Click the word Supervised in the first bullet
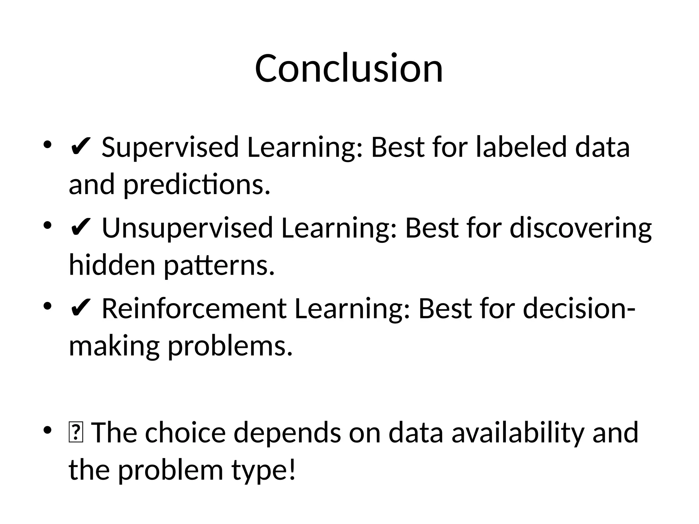(x=170, y=147)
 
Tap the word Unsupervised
(x=187, y=228)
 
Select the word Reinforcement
(x=194, y=309)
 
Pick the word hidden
(x=112, y=265)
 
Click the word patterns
(x=219, y=266)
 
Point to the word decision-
(x=579, y=309)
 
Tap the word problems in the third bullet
(x=230, y=347)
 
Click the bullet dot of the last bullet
(x=47, y=430)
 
